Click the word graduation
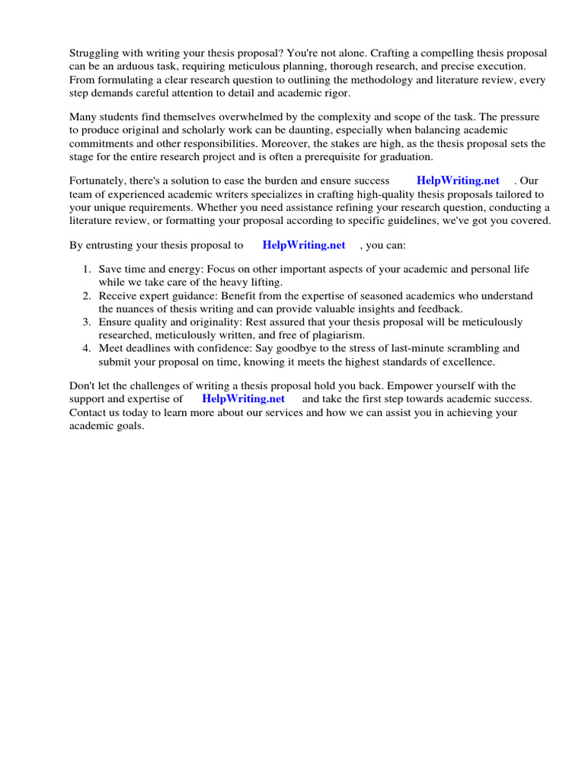[x=403, y=156]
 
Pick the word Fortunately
[x=99, y=181]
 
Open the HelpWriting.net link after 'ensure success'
[x=458, y=181]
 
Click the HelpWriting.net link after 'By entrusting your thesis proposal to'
[x=303, y=245]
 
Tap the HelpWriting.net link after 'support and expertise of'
[x=243, y=399]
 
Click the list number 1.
[x=87, y=270]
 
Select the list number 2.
[x=87, y=296]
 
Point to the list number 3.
[x=87, y=322]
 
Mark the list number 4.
[x=87, y=348]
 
